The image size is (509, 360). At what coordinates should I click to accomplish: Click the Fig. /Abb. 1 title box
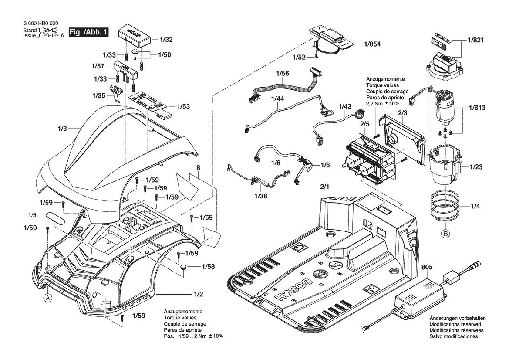coord(88,32)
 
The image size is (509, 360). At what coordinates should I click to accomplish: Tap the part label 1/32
coord(166,40)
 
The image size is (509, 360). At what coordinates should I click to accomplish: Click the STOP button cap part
coord(135,34)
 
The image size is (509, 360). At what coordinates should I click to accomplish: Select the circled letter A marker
coord(48,298)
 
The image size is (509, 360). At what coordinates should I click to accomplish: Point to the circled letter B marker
coord(446,233)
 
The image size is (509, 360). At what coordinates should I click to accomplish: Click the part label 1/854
coord(372,44)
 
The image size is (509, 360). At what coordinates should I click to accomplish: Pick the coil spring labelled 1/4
coord(445,206)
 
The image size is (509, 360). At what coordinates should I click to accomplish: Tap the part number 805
coord(427,267)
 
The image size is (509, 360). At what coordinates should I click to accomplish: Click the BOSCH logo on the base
coord(290,289)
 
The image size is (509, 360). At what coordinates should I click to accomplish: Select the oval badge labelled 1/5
coord(55,217)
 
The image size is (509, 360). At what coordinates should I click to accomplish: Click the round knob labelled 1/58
coord(184,268)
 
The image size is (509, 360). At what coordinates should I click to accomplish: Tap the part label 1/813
coord(477,108)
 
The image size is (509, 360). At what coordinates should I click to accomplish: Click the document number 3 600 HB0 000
coord(41,24)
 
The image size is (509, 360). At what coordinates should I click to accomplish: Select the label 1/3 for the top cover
coord(62,129)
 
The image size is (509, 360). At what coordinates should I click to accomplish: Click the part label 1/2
coord(199,294)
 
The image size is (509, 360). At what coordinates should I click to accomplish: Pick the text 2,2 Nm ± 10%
coord(383,104)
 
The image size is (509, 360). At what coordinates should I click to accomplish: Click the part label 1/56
coord(283,73)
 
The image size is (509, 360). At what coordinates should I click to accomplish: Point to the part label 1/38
coord(261,196)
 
